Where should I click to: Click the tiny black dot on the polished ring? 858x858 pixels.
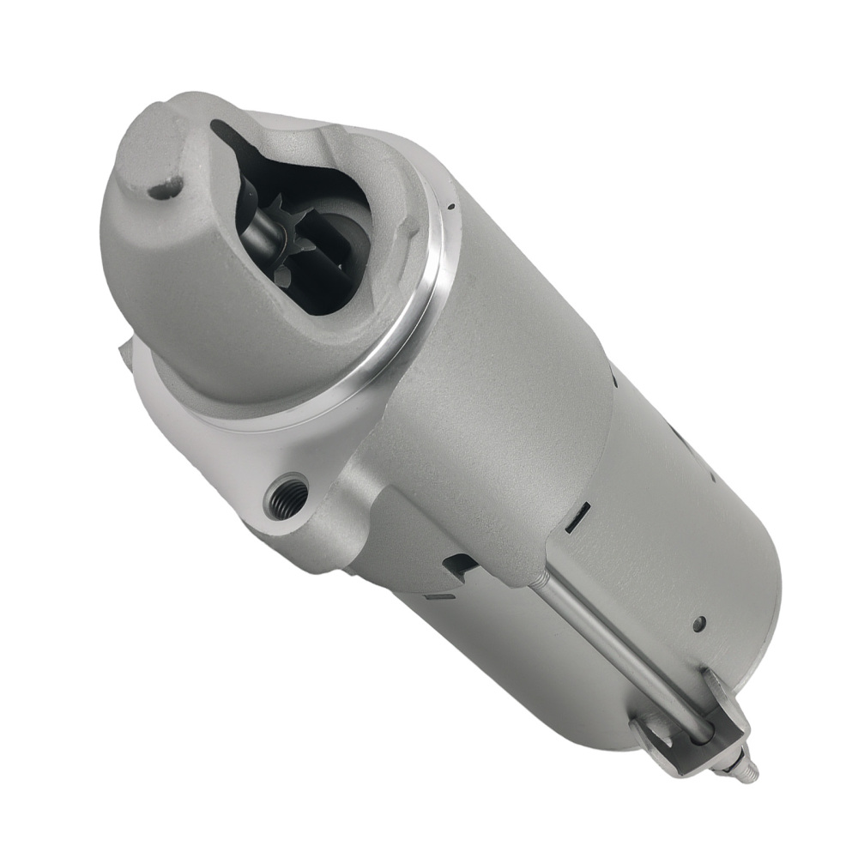pos(449,207)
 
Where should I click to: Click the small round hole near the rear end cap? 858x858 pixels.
pos(698,624)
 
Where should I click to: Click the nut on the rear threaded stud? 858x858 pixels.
pos(734,758)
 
